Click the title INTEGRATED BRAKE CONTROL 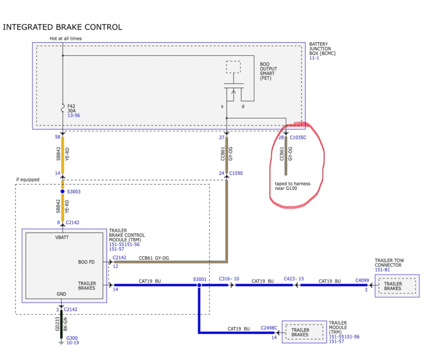tap(62, 27)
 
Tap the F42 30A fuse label tap(72, 109)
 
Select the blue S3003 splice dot tap(62, 191)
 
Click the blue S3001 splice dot tap(199, 285)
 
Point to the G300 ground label tap(72, 338)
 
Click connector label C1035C tap(298, 138)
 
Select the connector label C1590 tap(236, 173)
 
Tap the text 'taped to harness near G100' tap(292, 186)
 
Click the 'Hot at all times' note tap(65, 39)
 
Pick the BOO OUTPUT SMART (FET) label tap(268, 71)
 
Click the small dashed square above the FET tap(233, 67)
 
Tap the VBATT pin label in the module tap(62, 237)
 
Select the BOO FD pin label tap(86, 262)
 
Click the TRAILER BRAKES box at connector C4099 tap(397, 286)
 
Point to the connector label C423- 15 tap(294, 279)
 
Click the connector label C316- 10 tap(229, 279)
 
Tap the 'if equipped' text tap(27, 179)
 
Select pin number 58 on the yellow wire tap(58, 137)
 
